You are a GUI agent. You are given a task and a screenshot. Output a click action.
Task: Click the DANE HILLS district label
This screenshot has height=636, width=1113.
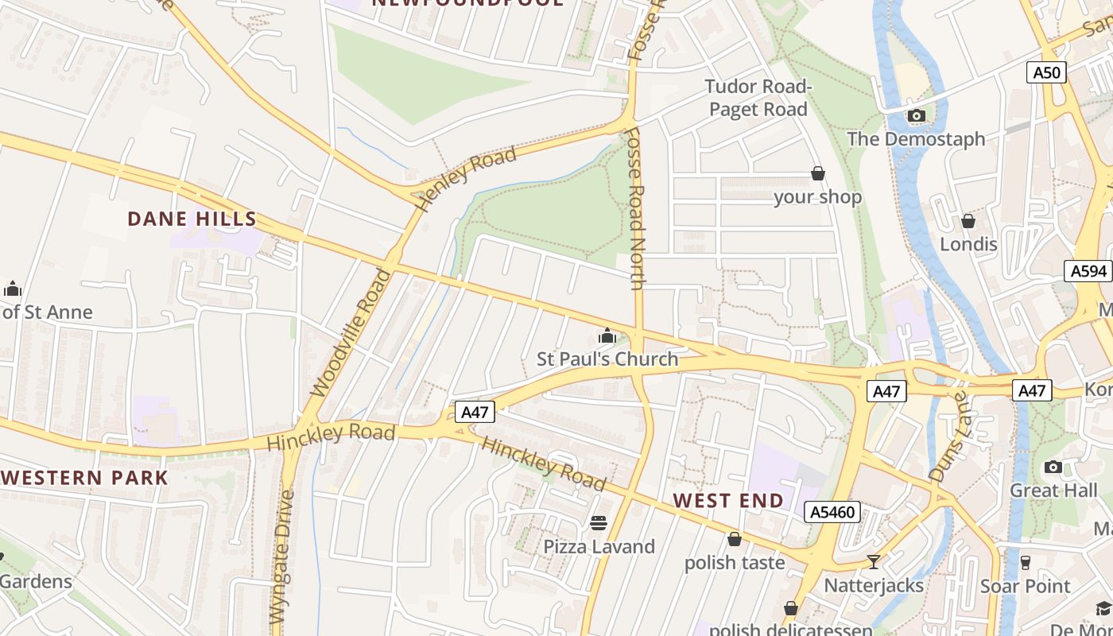(x=192, y=219)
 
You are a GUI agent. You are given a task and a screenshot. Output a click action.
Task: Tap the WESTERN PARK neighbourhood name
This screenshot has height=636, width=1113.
(x=84, y=478)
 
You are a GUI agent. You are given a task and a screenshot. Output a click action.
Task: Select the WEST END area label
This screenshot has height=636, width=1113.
(x=727, y=500)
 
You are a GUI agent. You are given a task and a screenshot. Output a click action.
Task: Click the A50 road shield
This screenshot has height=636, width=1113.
(x=1046, y=73)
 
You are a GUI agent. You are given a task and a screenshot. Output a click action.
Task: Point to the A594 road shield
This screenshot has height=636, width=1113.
(x=1088, y=271)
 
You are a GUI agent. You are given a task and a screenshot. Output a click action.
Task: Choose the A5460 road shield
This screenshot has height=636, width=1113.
(x=832, y=512)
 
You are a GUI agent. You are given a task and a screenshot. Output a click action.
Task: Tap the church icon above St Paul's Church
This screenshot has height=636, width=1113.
(x=607, y=336)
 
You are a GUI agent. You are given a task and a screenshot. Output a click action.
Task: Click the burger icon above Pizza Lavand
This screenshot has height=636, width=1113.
(x=599, y=523)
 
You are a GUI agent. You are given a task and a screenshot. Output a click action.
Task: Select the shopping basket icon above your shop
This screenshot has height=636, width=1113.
(x=817, y=173)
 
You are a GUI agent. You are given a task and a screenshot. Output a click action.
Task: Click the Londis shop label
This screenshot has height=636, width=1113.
(x=968, y=244)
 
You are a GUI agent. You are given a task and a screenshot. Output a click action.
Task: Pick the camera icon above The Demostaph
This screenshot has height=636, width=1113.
(x=916, y=116)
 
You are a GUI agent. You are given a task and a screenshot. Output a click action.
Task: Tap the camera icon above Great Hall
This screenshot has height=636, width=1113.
(x=1053, y=467)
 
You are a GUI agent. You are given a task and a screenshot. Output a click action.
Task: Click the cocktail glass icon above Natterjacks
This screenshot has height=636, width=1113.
(x=874, y=562)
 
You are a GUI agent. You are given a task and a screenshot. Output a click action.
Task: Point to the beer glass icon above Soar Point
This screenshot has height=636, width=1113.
(x=1026, y=562)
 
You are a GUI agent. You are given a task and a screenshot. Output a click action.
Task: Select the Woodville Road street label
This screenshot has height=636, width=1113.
(x=351, y=332)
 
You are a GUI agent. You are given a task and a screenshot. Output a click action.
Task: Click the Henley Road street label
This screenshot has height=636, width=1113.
(x=467, y=179)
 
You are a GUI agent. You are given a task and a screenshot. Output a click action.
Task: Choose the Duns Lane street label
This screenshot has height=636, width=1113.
(x=948, y=436)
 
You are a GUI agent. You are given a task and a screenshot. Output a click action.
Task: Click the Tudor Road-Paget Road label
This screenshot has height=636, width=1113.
(x=758, y=98)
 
